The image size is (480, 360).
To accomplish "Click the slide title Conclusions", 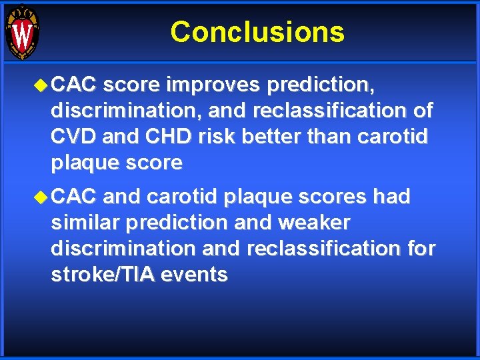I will pyautogui.click(x=257, y=32).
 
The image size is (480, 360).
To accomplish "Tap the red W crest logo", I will pyautogui.click(x=23, y=32).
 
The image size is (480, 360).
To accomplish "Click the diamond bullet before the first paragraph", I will pyautogui.click(x=43, y=85).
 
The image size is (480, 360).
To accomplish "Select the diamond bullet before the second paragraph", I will pyautogui.click(x=43, y=197).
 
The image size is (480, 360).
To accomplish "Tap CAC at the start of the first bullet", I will pyautogui.click(x=74, y=85).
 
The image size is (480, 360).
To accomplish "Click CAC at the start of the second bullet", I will pyautogui.click(x=74, y=197).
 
